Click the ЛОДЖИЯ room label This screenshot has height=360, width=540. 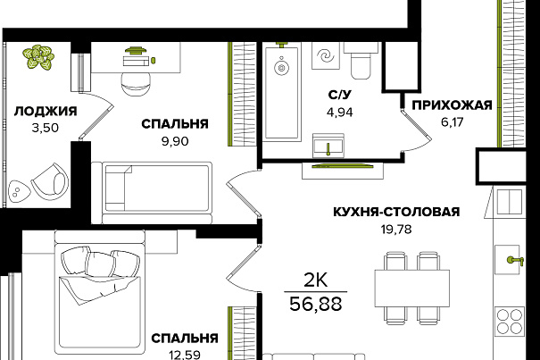coord(46,112)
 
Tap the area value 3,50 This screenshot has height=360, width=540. coord(46,129)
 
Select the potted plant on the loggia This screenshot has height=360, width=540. coord(38,57)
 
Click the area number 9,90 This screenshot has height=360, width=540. coord(175,141)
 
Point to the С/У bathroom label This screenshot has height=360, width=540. coord(340,95)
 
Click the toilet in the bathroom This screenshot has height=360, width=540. coord(361,61)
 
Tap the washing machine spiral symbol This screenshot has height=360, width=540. coord(326,55)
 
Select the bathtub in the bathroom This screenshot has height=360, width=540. coord(281,91)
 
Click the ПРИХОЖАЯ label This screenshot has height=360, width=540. coord(453,105)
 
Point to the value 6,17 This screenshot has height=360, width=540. coord(453,121)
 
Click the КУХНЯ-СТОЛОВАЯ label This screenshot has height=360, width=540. coord(396,212)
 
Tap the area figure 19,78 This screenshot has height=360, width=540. coord(396,229)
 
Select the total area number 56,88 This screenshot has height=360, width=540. coord(316,304)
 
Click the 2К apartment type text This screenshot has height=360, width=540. coord(316,280)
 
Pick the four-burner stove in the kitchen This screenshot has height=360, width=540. coord(510,322)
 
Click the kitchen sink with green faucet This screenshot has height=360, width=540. coord(508,260)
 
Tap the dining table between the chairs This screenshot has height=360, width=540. coord(411,289)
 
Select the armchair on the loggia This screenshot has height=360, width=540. coord(50,181)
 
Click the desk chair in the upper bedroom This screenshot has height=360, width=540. coord(136,84)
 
